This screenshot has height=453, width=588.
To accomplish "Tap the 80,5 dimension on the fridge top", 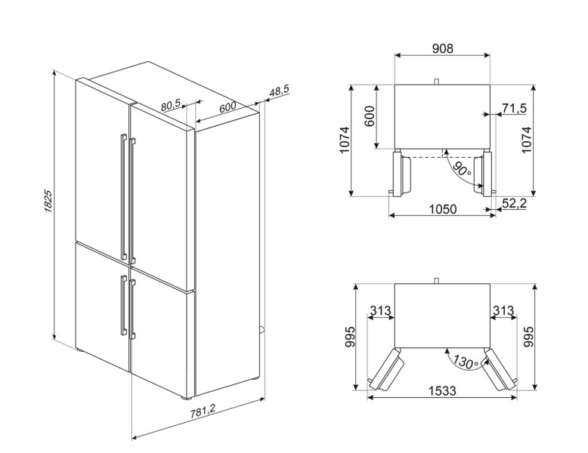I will click(x=172, y=106).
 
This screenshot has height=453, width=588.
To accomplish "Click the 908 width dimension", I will click(x=442, y=48).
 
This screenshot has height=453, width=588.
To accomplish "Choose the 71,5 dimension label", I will click(x=514, y=109).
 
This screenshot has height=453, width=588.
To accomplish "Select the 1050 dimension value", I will click(x=442, y=209).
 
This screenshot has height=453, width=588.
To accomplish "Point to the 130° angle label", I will click(x=463, y=362).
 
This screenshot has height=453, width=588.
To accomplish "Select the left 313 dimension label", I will click(x=380, y=311).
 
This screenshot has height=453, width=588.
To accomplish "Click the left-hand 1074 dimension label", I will click(x=344, y=141).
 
